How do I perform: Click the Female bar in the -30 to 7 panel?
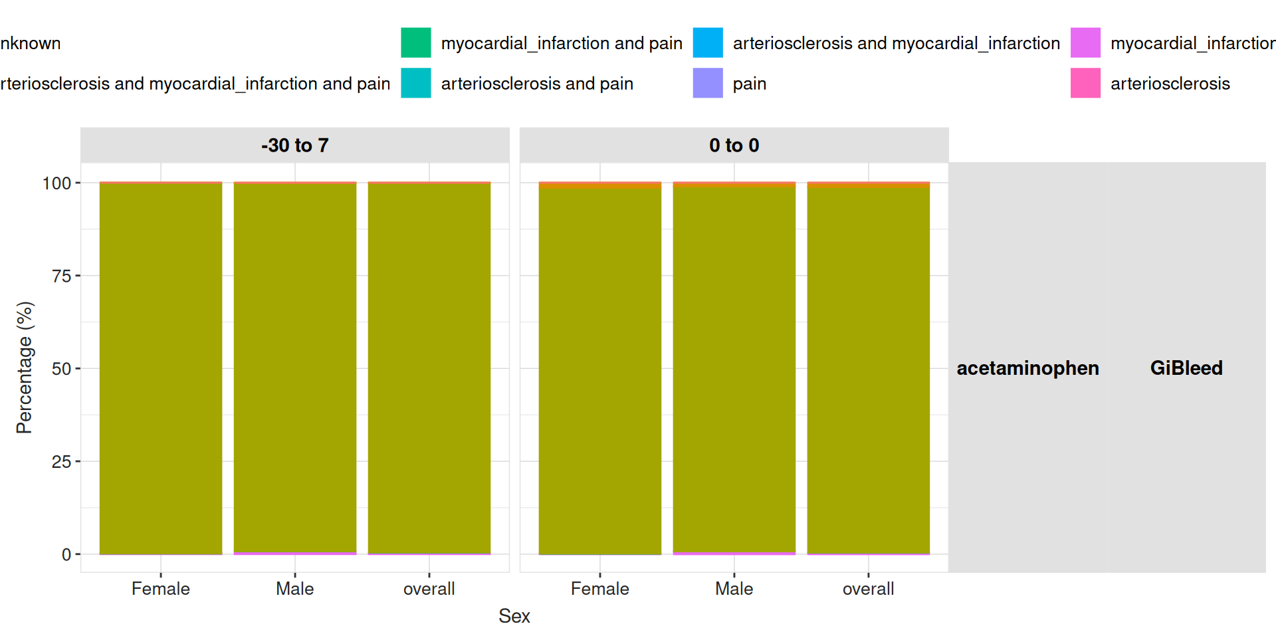(161, 368)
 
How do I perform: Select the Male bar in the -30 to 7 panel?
(295, 368)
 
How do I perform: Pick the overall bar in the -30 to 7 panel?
(429, 368)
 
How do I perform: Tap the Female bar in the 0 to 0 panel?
(600, 368)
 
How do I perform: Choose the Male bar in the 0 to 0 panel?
(734, 368)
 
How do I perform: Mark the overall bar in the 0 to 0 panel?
(869, 368)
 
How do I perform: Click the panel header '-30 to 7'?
(295, 146)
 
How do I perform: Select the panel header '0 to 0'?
(734, 146)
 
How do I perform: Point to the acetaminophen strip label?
(1027, 368)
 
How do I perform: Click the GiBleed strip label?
(1186, 368)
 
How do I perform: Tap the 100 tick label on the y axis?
(56, 183)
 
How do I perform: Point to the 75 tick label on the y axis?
(61, 276)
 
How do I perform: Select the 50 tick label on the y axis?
(61, 369)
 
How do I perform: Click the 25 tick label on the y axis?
(61, 462)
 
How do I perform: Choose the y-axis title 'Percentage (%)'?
(25, 368)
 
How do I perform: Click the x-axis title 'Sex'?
(514, 616)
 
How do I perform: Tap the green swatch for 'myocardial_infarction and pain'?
(416, 43)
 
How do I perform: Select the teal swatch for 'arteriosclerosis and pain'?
(416, 83)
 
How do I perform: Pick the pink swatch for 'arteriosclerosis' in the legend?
(1085, 83)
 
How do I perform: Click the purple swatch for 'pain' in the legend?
(708, 83)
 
